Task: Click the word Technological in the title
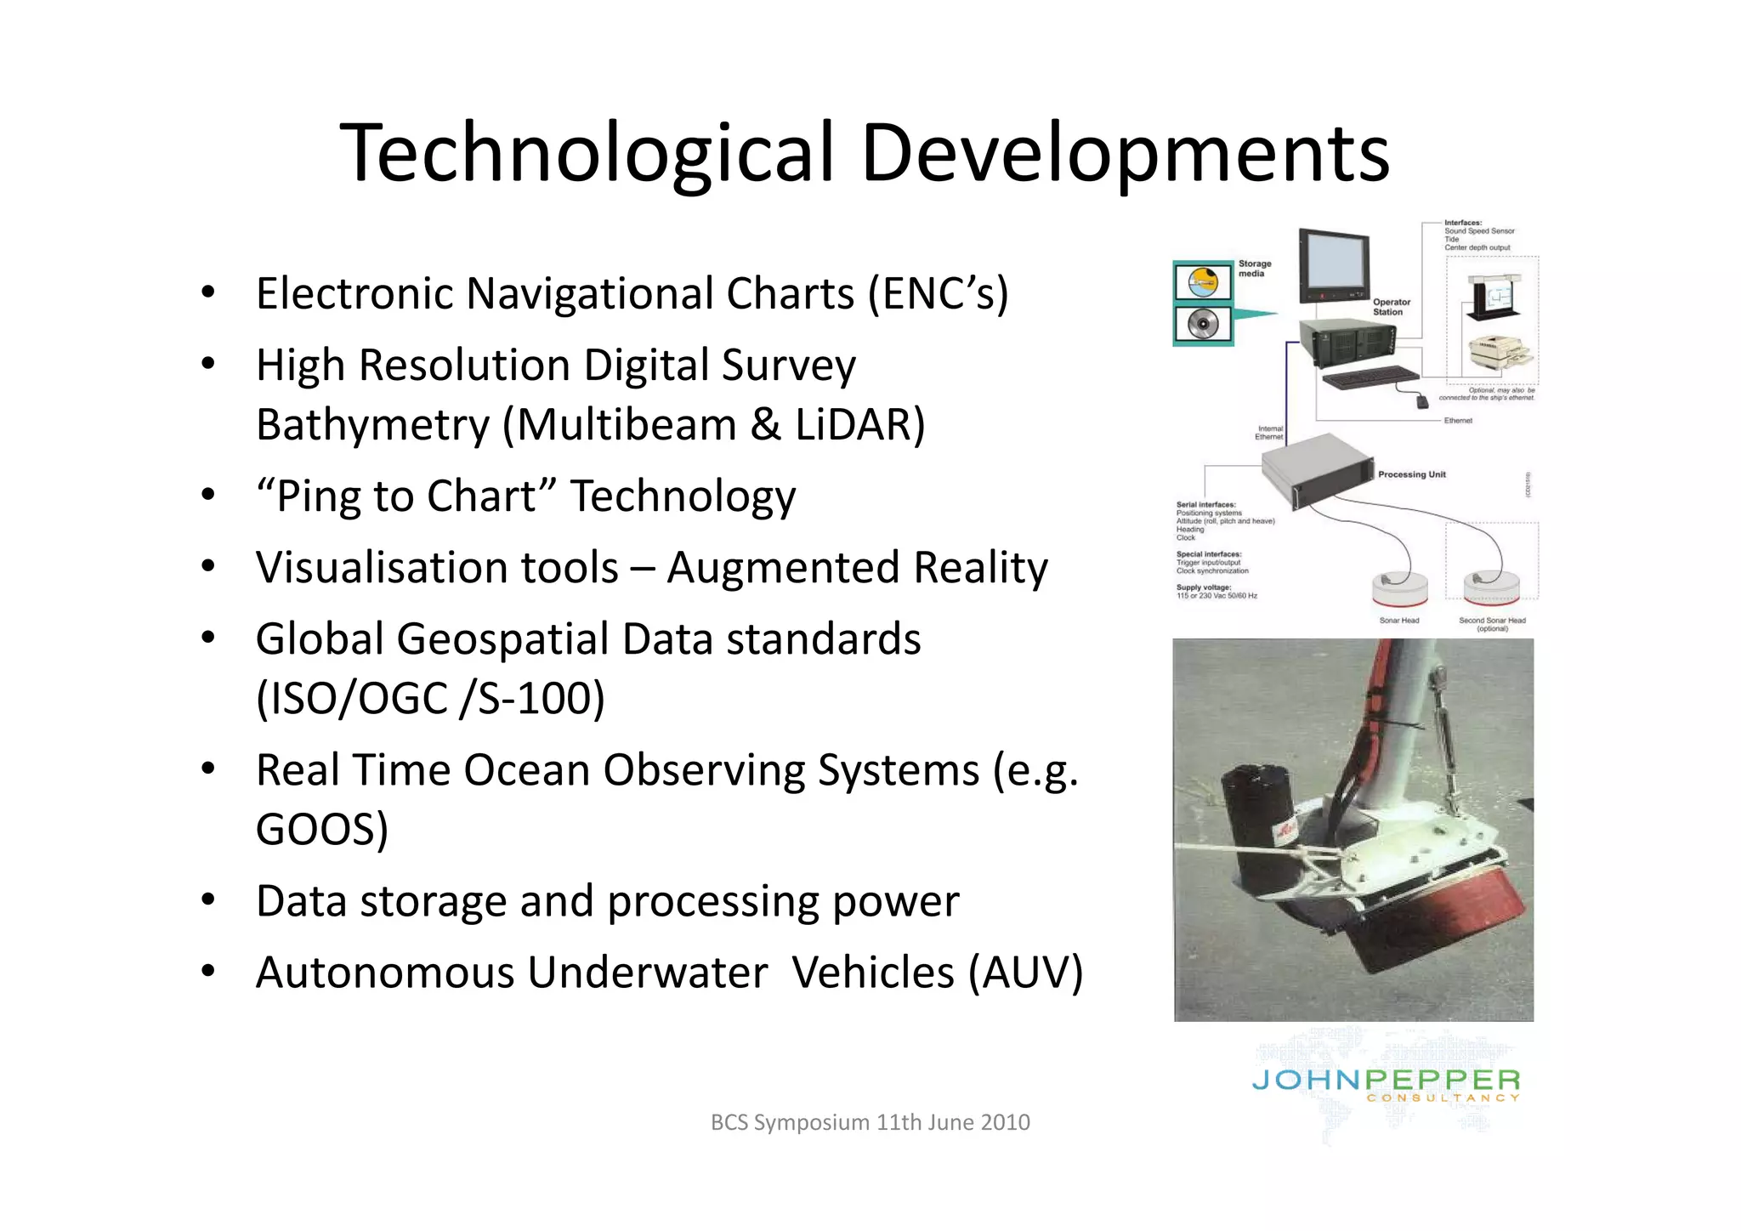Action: (587, 153)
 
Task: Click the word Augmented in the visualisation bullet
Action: (782, 568)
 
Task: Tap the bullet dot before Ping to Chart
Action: (208, 495)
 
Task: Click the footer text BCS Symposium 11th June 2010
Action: (870, 1122)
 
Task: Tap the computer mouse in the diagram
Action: (1421, 400)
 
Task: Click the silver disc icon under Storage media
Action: (1203, 325)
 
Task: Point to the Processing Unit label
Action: (1411, 474)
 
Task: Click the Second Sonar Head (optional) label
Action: (1492, 624)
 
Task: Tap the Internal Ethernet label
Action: (1269, 433)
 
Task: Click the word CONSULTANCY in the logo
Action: (1443, 1098)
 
